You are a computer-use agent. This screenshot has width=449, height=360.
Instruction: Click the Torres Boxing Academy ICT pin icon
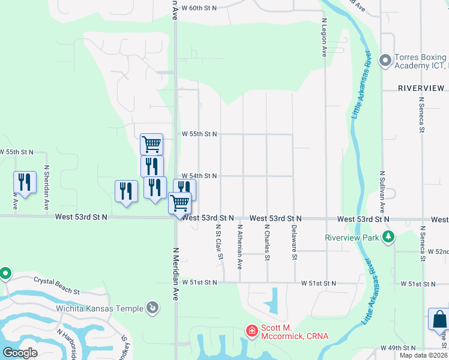385,60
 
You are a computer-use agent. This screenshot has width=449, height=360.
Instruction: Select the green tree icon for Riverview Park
388,238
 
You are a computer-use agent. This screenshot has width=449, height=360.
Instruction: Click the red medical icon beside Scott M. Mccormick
252,331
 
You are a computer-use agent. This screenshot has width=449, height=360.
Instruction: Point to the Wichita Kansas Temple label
100,308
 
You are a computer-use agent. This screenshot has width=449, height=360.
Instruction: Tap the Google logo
19,353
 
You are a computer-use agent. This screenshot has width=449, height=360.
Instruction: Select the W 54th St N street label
199,176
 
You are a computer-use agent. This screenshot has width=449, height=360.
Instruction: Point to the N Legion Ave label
324,37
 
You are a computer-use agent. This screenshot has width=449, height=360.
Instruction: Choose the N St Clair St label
219,243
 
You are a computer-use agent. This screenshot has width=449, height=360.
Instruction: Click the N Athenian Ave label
240,246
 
